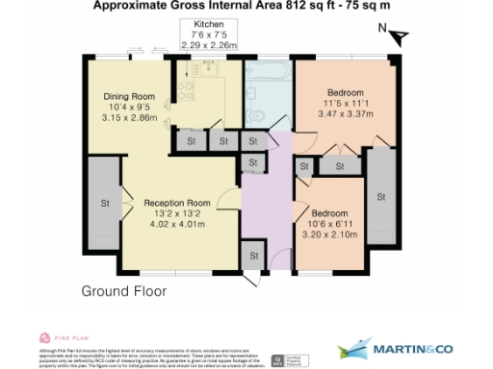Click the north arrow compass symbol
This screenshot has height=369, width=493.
(x=398, y=36)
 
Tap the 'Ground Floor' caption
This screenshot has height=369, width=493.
(x=123, y=290)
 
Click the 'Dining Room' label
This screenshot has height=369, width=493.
(x=129, y=95)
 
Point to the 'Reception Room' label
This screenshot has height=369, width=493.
(x=177, y=204)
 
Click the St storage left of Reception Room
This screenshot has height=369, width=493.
(x=104, y=204)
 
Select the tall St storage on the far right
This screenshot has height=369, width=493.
(x=380, y=196)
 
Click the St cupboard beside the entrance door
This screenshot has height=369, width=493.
(x=254, y=257)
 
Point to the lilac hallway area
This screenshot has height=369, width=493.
(x=262, y=211)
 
